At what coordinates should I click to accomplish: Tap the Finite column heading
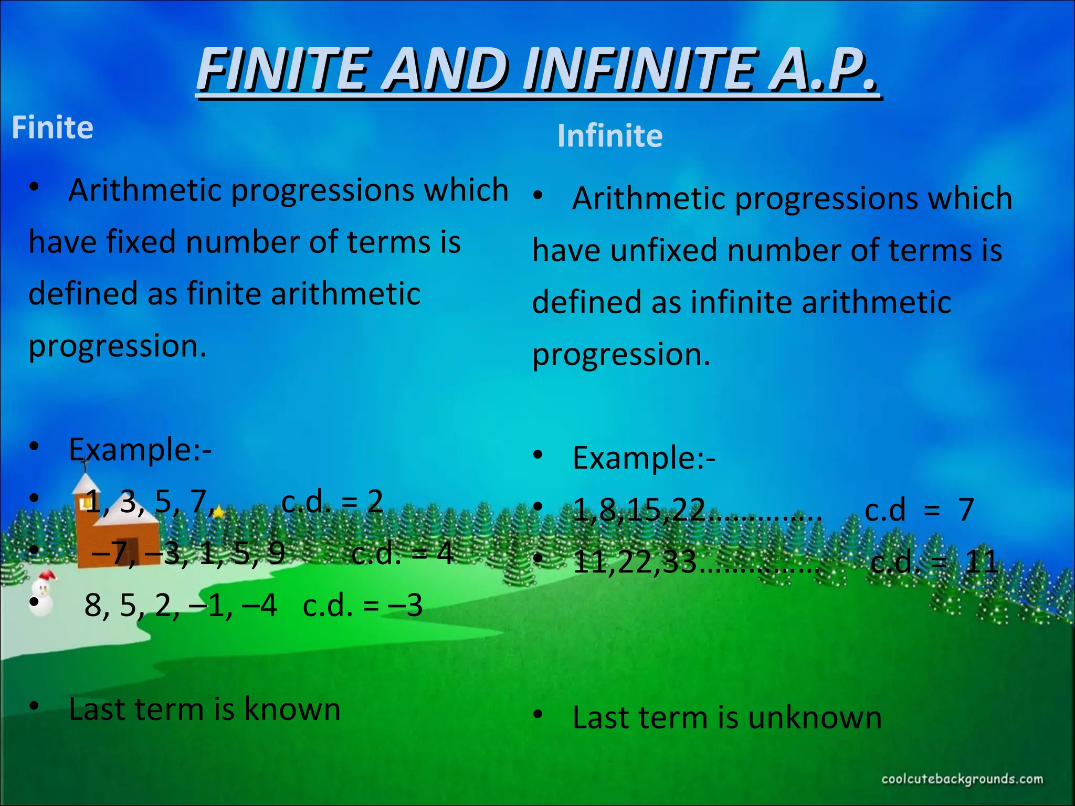tap(52, 128)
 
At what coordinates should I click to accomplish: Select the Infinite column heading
tap(609, 136)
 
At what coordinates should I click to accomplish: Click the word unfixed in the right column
tap(663, 250)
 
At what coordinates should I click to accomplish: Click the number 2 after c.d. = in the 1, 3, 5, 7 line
tap(375, 502)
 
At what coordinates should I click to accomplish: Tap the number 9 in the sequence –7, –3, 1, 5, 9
tap(276, 553)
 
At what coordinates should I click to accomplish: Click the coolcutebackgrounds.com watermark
tap(962, 779)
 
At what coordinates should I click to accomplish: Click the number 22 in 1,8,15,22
tap(688, 510)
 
